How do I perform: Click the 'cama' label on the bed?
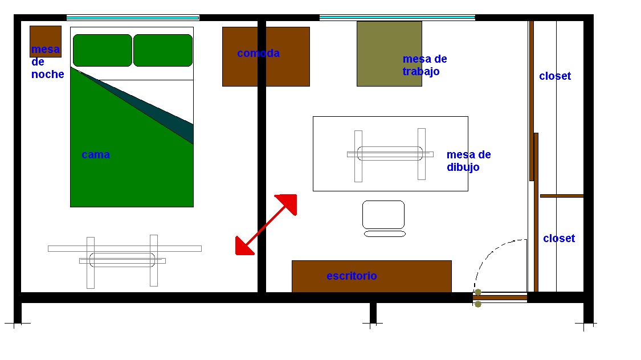click(96, 155)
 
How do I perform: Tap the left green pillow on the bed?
click(103, 50)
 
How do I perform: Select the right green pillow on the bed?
click(163, 50)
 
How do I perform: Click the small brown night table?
click(46, 41)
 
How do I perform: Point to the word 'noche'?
click(48, 75)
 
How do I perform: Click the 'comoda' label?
click(258, 53)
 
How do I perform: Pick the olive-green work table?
click(389, 54)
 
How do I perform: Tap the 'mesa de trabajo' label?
click(424, 65)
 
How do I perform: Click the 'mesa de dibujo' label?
click(468, 161)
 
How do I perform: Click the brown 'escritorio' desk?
click(371, 276)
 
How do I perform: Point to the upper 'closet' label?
click(555, 76)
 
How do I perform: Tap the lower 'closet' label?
click(559, 238)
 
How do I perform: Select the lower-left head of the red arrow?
click(244, 247)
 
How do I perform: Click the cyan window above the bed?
click(132, 18)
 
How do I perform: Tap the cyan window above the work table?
click(397, 18)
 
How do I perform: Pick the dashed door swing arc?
click(490, 254)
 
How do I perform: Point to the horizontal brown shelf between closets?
click(562, 196)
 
